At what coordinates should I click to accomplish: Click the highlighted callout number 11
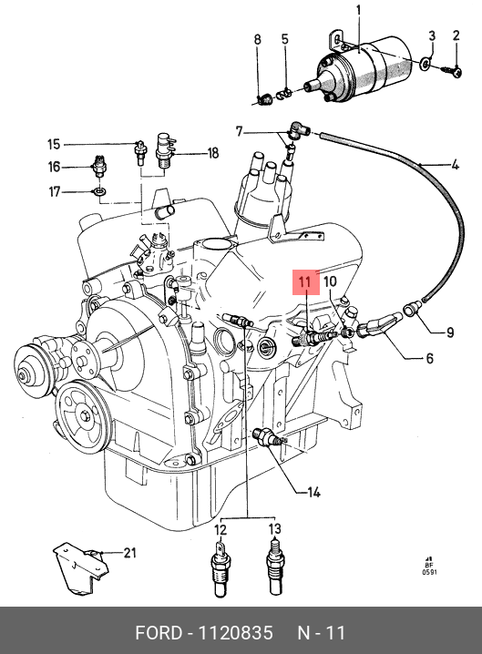(x=305, y=282)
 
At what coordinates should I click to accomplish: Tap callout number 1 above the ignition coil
(x=359, y=12)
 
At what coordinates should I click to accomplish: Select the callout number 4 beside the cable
(x=455, y=165)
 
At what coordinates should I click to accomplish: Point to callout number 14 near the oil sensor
(x=313, y=493)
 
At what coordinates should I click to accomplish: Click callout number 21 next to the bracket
(x=129, y=553)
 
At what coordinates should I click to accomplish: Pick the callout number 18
(x=213, y=153)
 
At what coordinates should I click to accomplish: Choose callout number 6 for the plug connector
(x=429, y=358)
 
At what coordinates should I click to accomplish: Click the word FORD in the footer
(x=159, y=633)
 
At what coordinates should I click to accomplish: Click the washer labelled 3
(x=426, y=65)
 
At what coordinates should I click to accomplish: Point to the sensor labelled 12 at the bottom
(x=220, y=568)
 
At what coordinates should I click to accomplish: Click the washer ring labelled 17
(x=99, y=192)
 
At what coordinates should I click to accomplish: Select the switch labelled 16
(x=99, y=166)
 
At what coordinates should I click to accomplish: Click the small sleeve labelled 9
(x=409, y=311)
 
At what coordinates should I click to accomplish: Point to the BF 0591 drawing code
(x=429, y=566)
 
